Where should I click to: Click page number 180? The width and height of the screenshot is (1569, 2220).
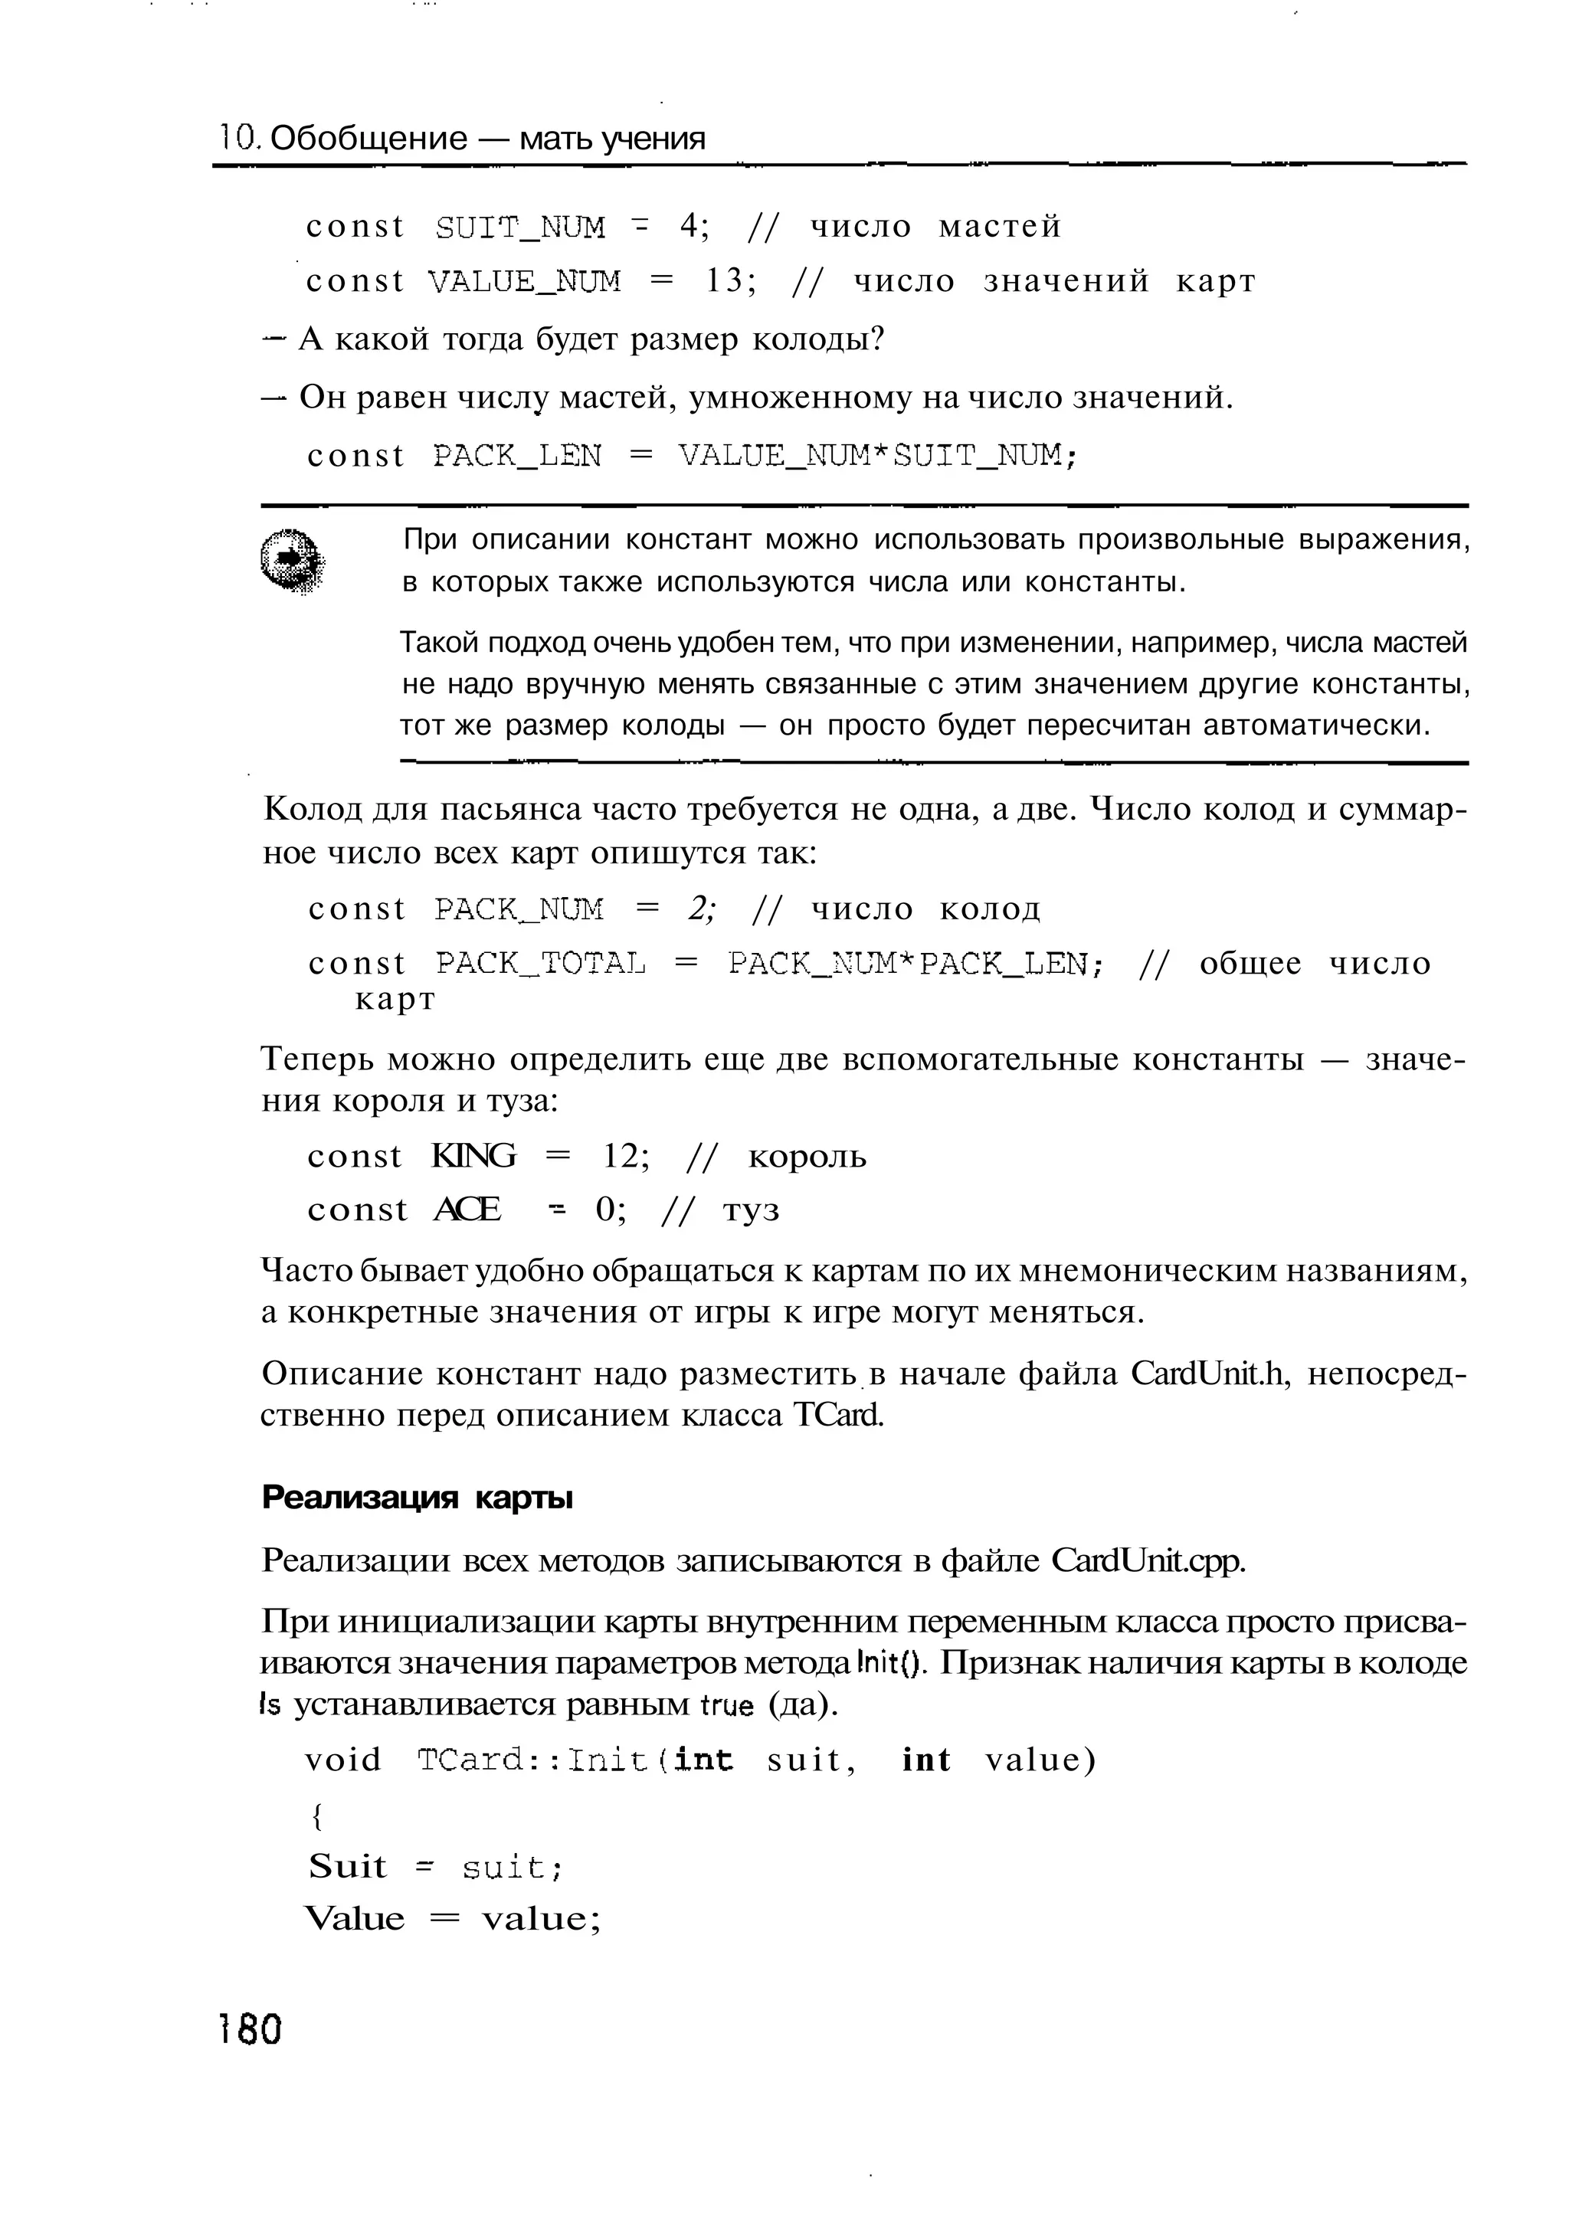click(251, 2028)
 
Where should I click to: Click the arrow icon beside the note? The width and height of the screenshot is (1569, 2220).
click(291, 561)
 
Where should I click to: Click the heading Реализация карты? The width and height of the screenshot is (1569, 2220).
click(417, 1498)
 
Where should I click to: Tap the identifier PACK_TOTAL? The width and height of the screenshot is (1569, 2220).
click(539, 963)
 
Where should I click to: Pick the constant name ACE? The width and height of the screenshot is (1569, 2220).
click(467, 1210)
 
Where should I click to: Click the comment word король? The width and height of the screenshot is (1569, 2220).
click(807, 1157)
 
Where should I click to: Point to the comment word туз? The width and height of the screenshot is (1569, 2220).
click(751, 1210)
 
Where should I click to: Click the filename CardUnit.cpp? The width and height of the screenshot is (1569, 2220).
click(1148, 1560)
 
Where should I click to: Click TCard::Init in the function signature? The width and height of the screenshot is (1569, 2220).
click(532, 1760)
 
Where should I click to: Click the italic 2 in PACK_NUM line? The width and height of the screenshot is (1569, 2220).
click(698, 908)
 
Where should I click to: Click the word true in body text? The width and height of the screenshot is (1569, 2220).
click(726, 1706)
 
